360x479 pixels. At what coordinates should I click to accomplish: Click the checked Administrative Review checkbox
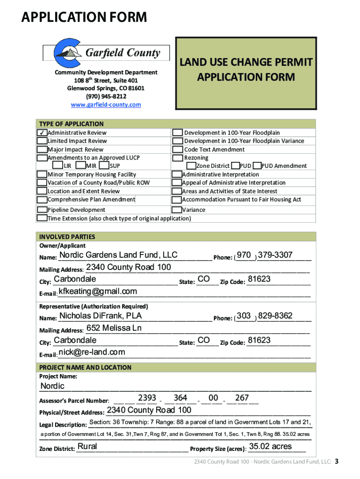[x=42, y=133]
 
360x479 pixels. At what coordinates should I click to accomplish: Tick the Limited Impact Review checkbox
[x=42, y=141]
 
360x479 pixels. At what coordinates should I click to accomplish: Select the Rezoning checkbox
[x=178, y=158]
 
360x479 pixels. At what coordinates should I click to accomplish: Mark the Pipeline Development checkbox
[x=42, y=210]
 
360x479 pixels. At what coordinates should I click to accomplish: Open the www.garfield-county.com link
[x=106, y=105]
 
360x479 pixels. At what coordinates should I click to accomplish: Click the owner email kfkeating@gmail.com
[x=98, y=291]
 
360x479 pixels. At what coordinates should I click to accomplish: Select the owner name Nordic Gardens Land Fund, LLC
[x=118, y=255]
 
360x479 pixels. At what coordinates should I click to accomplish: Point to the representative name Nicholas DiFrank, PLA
[x=100, y=316]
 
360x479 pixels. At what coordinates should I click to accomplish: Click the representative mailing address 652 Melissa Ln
[x=114, y=328]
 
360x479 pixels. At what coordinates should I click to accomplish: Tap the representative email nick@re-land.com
[x=92, y=352]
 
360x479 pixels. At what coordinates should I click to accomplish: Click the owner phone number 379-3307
[x=275, y=255]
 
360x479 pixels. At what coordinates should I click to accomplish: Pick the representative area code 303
[x=244, y=316]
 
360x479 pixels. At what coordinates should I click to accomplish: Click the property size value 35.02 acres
[x=270, y=446]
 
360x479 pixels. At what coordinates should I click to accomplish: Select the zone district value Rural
[x=87, y=446]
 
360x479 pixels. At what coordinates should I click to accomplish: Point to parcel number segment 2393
[x=147, y=398]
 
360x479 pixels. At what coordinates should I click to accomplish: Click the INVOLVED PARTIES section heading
[x=67, y=237]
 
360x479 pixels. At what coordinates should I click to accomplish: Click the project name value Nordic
[x=52, y=386]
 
